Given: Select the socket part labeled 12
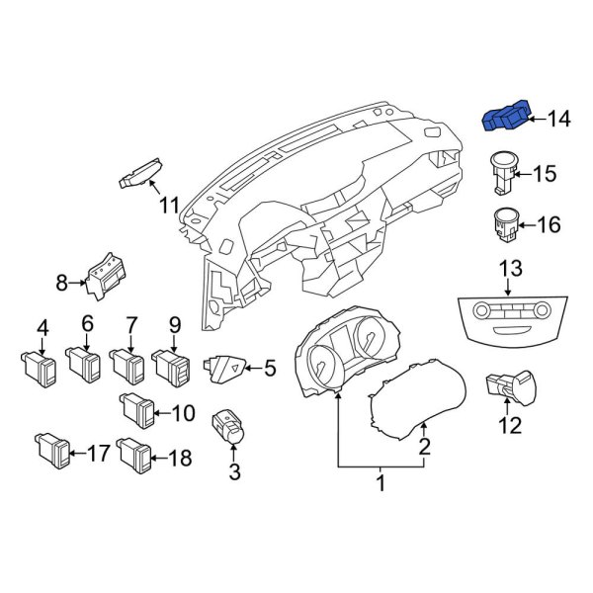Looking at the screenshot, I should tap(511, 387).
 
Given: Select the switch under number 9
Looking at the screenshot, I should tap(171, 367).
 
